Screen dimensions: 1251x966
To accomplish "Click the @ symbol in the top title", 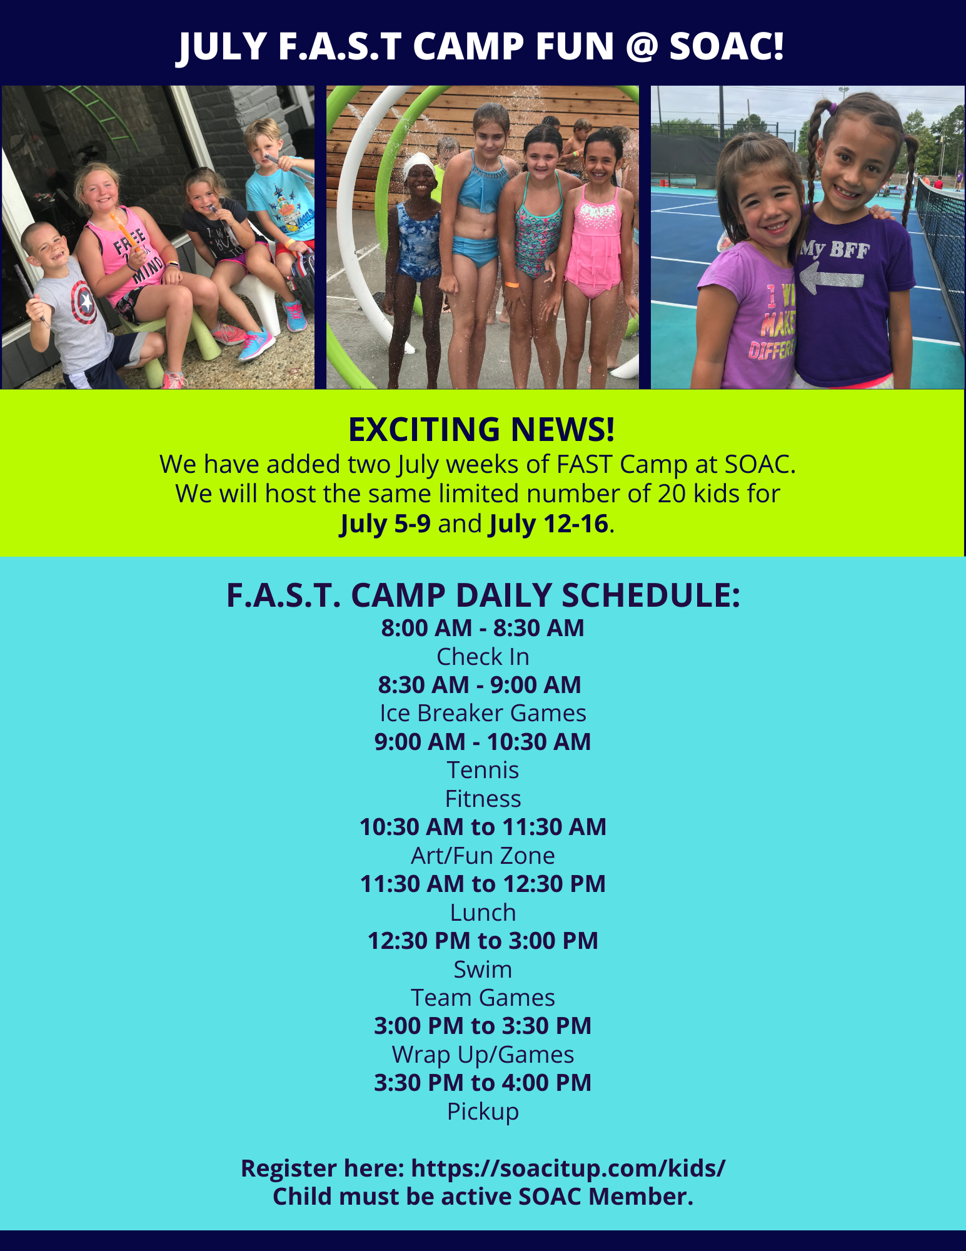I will (x=641, y=47).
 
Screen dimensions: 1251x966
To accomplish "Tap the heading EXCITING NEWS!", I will (x=481, y=430).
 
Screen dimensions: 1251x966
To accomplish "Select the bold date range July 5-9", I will (x=385, y=524).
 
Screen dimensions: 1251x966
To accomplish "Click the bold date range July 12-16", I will (x=548, y=524).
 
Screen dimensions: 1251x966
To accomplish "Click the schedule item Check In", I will (x=483, y=657).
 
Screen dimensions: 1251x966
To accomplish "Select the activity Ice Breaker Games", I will (x=483, y=713).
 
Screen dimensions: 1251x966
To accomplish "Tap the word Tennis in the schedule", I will (x=483, y=770).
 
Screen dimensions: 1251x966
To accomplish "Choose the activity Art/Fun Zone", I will (x=483, y=855).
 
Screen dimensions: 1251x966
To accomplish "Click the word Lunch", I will (x=483, y=913).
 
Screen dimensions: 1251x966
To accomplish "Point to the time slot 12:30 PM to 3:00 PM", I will (x=483, y=941).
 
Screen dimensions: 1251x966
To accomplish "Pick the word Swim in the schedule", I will (x=483, y=970).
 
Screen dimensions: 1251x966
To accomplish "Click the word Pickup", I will (x=483, y=1112).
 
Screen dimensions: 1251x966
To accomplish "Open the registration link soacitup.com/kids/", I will (x=568, y=1168).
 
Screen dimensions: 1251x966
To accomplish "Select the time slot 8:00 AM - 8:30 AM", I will (x=483, y=628).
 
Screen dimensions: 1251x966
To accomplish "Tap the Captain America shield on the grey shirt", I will (x=84, y=302).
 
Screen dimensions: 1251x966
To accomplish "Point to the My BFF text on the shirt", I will (x=835, y=250).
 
